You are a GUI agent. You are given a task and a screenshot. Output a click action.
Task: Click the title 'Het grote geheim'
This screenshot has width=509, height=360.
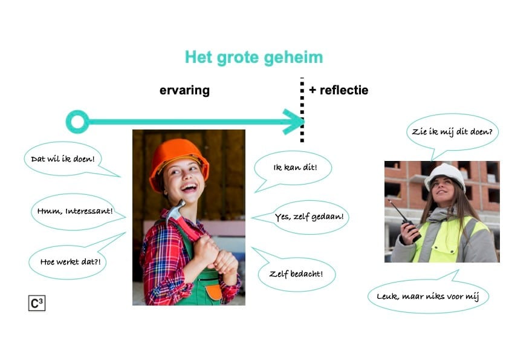coord(254,58)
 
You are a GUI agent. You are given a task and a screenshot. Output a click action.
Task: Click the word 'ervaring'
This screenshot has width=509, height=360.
coord(184,90)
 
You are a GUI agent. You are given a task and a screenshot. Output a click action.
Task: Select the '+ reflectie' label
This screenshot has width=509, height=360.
coord(339,90)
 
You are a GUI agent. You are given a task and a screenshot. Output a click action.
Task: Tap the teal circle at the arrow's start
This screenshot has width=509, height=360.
coord(77,122)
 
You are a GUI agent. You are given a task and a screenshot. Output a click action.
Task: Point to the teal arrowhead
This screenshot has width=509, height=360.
coord(294,122)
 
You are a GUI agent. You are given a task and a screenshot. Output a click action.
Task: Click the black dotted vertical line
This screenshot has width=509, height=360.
coord(302,110)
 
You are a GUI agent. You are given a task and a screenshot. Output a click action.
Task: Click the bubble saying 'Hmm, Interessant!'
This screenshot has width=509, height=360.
coord(76,212)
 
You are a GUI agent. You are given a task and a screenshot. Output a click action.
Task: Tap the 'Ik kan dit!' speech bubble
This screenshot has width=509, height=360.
coord(293,168)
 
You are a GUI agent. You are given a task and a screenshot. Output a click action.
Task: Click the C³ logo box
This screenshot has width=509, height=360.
coord(37,303)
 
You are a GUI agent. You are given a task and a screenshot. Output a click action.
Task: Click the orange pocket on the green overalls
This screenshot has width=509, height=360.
coord(214,292)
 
